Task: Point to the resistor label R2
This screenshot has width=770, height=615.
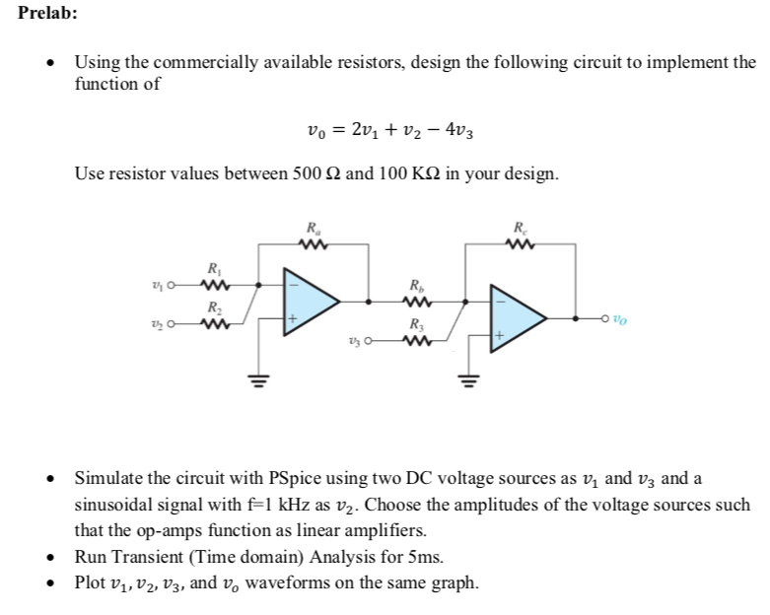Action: point(213,307)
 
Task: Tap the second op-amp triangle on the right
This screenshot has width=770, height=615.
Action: point(522,319)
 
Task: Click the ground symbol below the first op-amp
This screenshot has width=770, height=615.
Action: point(260,376)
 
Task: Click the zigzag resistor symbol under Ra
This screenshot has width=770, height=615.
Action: point(313,242)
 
